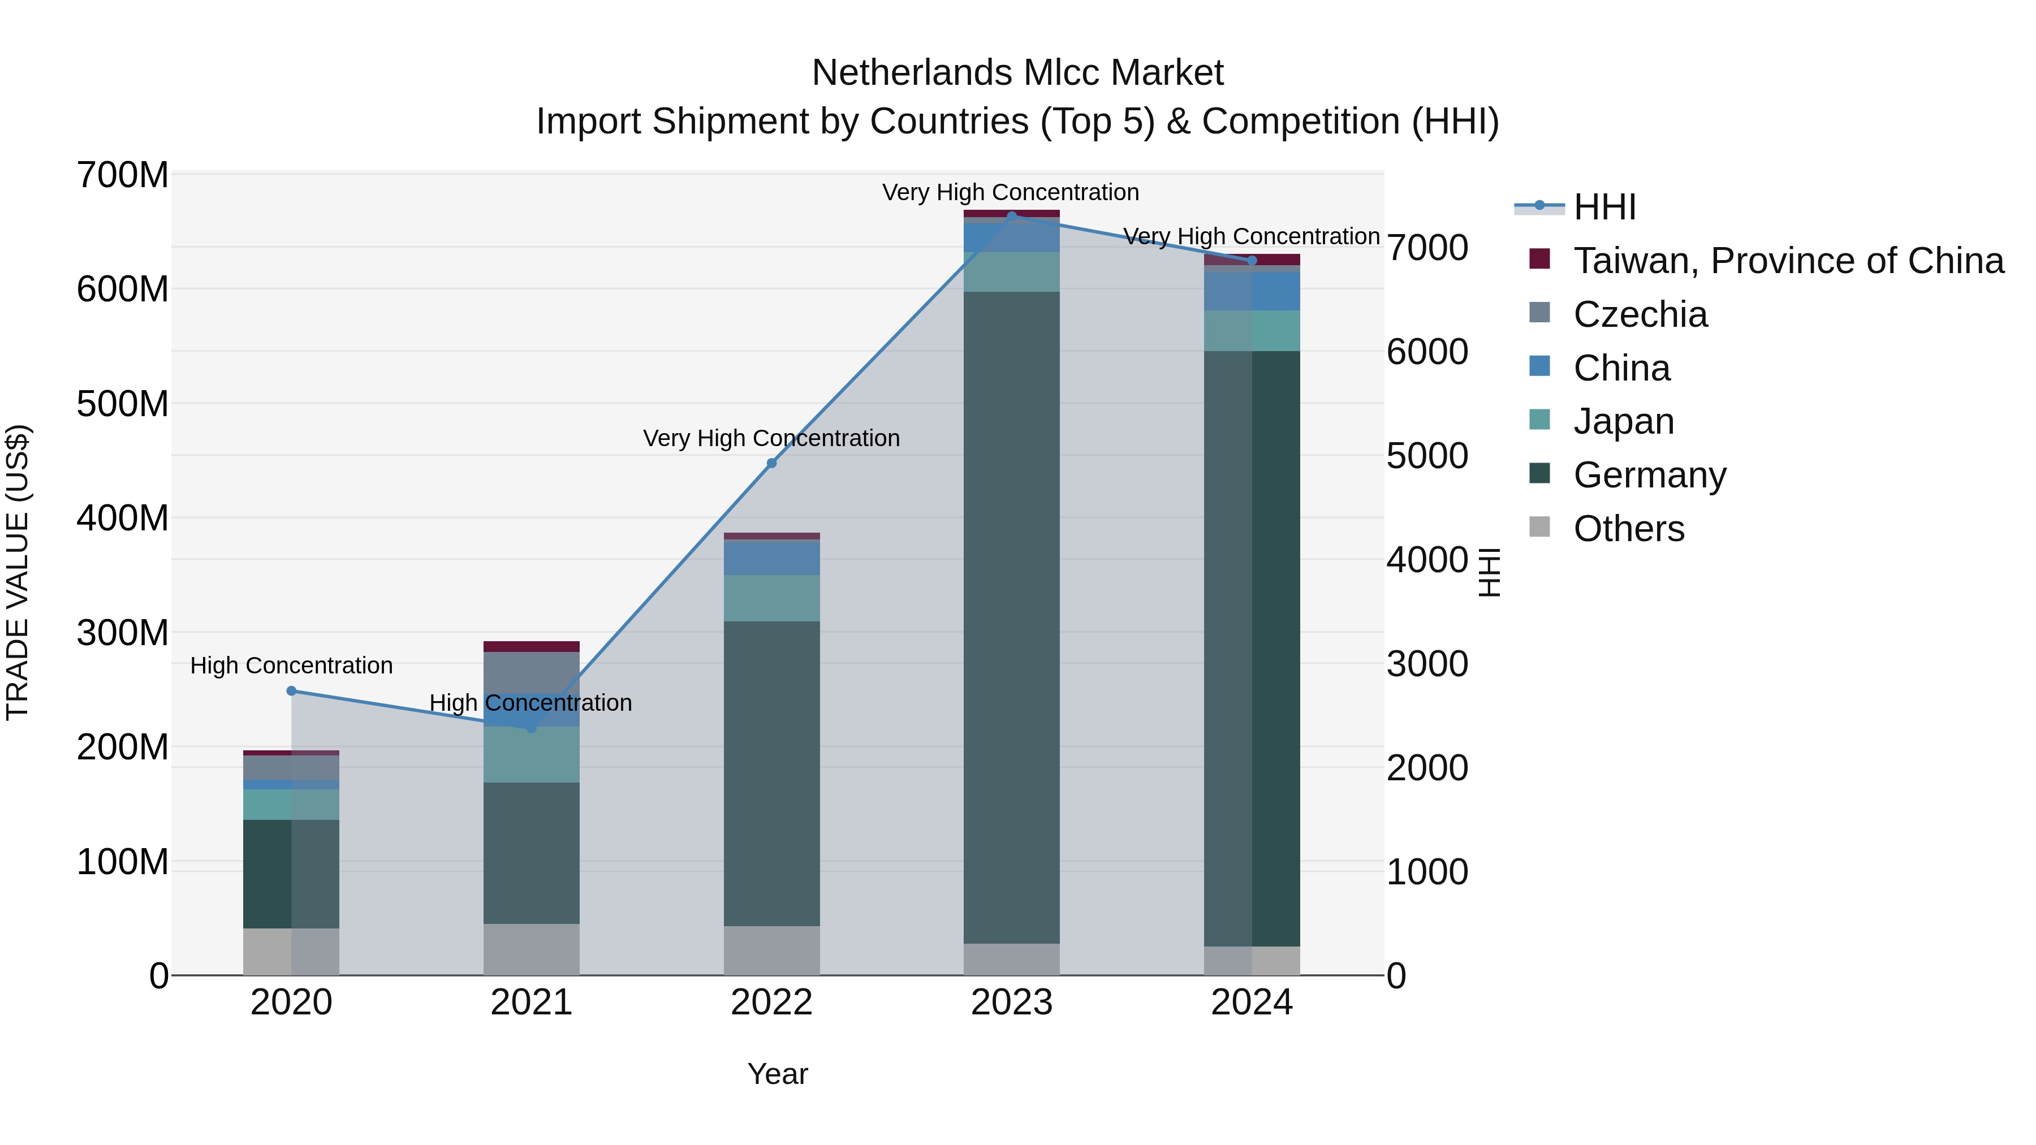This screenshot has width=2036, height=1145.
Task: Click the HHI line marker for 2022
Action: pos(771,463)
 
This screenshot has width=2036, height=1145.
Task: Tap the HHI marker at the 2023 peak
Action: pos(1012,216)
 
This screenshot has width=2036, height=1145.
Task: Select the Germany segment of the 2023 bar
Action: pos(1012,616)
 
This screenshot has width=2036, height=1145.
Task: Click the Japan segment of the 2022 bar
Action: pos(771,598)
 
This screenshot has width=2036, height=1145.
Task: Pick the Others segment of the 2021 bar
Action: pos(531,948)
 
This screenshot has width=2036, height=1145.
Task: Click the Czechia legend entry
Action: pos(1640,314)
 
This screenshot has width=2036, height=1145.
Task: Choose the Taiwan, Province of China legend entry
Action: pos(1788,261)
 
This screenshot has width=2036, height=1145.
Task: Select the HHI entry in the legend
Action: pos(1604,207)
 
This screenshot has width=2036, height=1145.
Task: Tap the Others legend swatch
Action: pos(1539,527)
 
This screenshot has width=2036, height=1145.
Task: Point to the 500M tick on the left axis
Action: pos(123,404)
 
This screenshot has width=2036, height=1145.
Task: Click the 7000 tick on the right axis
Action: pos(1427,247)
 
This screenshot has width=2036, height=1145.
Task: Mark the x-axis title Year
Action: pos(778,1074)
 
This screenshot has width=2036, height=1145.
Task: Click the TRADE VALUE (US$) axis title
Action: pos(18,572)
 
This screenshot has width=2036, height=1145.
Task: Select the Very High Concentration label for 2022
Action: pos(771,438)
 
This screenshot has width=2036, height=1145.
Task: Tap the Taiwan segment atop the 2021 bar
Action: pos(531,646)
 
